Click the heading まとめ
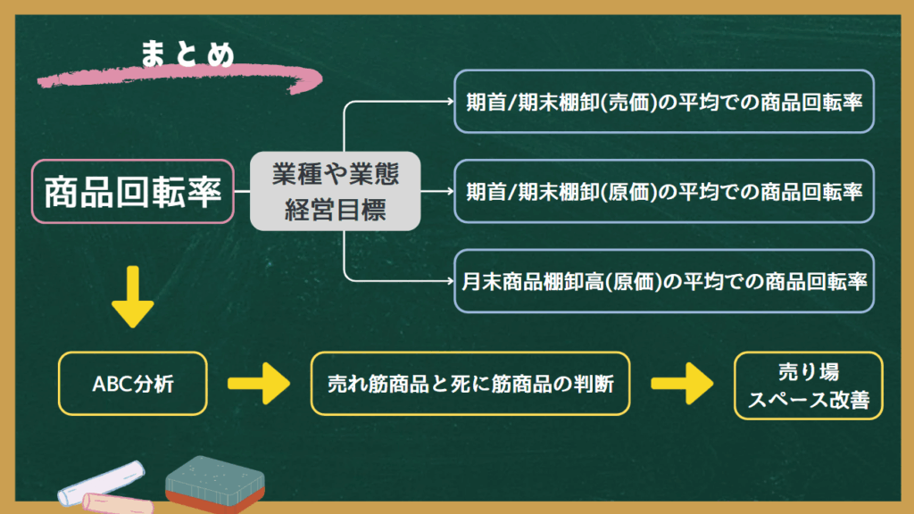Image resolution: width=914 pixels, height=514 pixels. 187,54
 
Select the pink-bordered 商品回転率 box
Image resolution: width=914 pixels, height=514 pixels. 133,192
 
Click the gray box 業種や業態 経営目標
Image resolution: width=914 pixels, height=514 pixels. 336,191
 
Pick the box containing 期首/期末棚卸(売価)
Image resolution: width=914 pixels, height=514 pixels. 664,102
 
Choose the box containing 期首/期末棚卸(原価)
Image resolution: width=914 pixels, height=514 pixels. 664,191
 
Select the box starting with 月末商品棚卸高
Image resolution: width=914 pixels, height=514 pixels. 664,281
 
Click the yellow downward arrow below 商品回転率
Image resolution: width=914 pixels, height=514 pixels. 133,297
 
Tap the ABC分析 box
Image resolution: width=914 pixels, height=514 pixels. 133,384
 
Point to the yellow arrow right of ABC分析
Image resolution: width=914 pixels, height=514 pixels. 259,384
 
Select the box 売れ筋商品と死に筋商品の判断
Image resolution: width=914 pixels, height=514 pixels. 470,384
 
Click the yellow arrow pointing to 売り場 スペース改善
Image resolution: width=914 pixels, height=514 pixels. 682,384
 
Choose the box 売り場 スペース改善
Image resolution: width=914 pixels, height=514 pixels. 809,385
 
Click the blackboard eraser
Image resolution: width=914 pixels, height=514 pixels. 214,485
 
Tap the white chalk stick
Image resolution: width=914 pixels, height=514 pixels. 102,482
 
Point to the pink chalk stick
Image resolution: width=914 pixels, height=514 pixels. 117,503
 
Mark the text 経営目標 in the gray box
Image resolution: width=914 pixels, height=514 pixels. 336,210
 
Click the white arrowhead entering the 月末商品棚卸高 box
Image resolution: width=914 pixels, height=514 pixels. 450,281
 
